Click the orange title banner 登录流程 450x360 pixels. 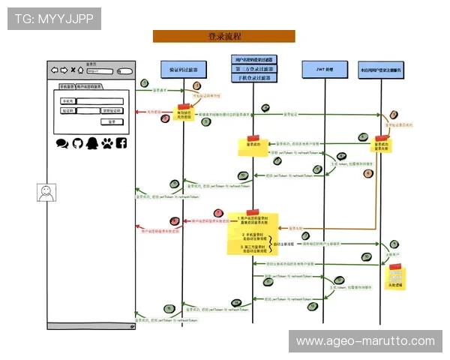[223, 36]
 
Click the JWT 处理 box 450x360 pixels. [323, 69]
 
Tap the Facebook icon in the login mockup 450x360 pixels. [121, 142]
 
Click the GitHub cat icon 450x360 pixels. [76, 142]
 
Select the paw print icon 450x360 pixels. [106, 142]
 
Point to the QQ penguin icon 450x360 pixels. [91, 142]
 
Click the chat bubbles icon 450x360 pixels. [61, 142]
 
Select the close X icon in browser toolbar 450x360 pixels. [73, 71]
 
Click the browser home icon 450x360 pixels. [81, 71]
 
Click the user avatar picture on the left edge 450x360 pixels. [47, 193]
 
